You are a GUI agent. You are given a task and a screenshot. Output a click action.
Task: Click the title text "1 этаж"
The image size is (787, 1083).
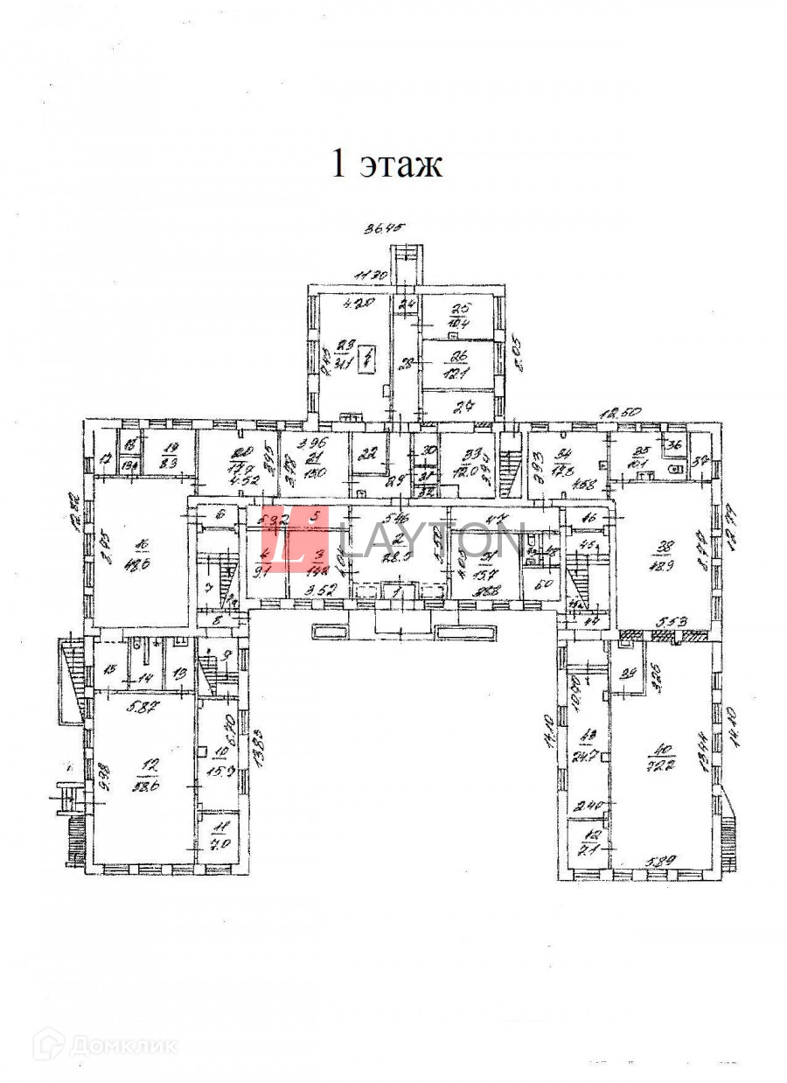(x=387, y=164)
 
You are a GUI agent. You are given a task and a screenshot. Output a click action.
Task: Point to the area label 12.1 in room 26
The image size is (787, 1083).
(x=459, y=371)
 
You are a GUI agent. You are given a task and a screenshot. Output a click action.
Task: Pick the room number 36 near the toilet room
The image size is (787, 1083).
(x=675, y=444)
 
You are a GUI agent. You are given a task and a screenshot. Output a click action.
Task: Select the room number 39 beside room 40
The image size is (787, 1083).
(x=627, y=674)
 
